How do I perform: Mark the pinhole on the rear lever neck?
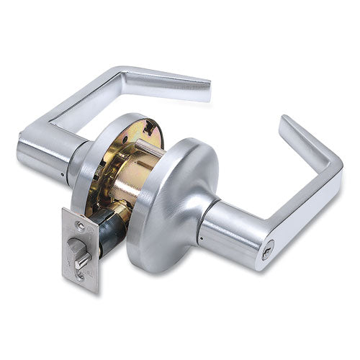coord(63,174)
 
